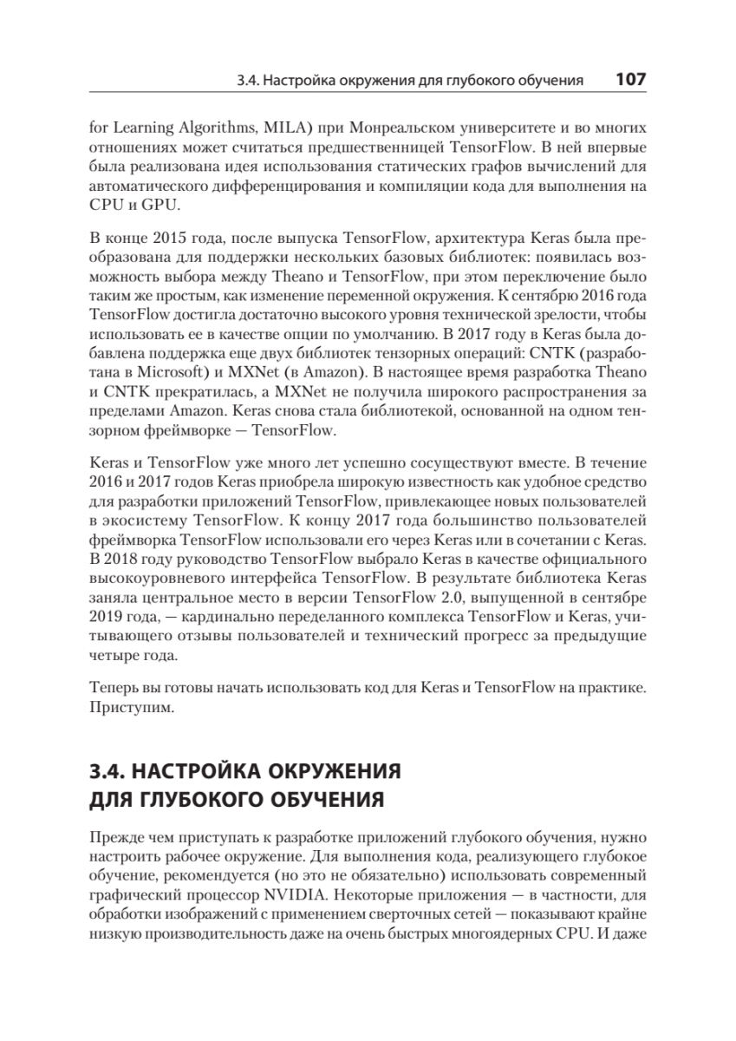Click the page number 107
click(x=630, y=81)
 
